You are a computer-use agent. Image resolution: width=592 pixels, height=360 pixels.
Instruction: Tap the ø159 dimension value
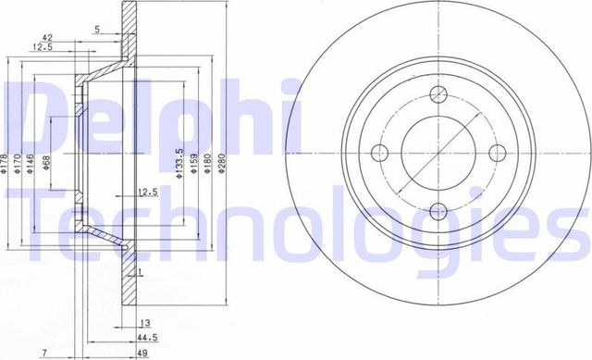193,166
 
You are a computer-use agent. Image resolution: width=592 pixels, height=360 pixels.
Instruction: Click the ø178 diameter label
5,164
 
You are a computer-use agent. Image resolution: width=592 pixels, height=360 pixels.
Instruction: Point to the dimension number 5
97,30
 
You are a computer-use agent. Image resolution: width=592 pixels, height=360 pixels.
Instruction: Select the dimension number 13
145,323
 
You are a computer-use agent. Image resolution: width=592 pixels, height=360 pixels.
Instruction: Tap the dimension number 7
43,353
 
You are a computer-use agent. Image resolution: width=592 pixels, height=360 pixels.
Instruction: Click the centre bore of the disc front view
438,154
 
